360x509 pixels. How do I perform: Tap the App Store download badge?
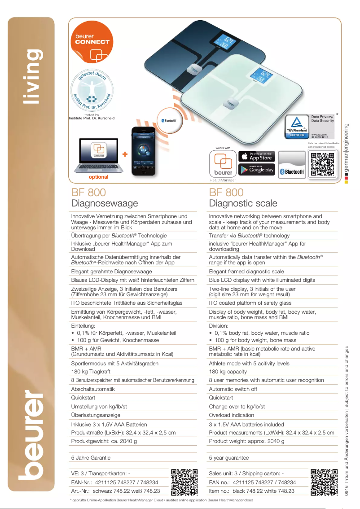[256, 156]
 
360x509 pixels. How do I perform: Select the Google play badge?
[256, 170]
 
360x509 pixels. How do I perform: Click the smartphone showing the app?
[143, 151]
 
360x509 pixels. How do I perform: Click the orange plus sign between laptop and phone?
[125, 154]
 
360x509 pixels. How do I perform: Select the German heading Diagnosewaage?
[105, 204]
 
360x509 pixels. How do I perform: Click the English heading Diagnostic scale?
[243, 204]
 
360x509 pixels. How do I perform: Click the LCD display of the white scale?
[263, 74]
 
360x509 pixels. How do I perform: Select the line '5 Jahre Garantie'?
[91, 458]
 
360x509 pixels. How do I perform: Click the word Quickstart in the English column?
[221, 398]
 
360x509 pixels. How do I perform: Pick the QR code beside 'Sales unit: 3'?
[324, 482]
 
